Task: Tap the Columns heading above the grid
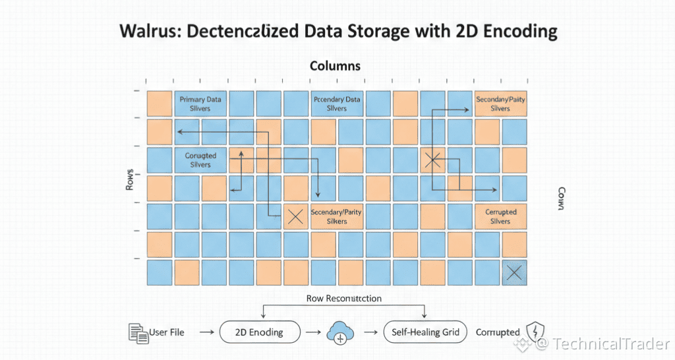[x=335, y=66]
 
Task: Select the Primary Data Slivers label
[x=200, y=104]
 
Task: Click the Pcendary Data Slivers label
[x=336, y=104]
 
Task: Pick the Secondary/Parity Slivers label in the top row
[x=501, y=104]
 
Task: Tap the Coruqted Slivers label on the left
[x=200, y=160]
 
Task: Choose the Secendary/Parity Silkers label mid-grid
[x=337, y=217]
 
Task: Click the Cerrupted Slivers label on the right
[x=501, y=217]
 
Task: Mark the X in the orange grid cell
[x=296, y=217]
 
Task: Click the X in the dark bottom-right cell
[x=514, y=273]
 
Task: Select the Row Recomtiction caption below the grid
[x=343, y=298]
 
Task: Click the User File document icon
[x=138, y=333]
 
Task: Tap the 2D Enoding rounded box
[x=259, y=332]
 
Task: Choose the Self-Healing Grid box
[x=425, y=332]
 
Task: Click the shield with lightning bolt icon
[x=533, y=333]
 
